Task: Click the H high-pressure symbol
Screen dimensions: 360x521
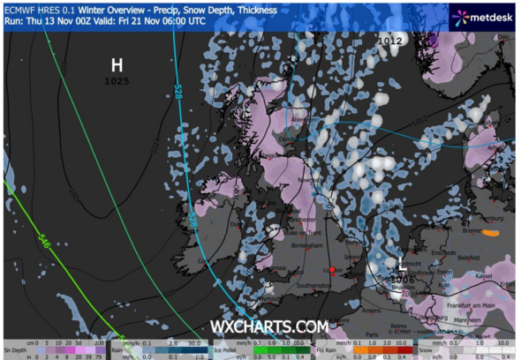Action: (x=117, y=64)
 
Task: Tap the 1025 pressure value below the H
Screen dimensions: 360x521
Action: (x=117, y=81)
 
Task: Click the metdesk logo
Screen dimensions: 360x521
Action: (x=481, y=15)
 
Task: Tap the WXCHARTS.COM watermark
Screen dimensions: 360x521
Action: (x=268, y=327)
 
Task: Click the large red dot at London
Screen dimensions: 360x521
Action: (x=331, y=270)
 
